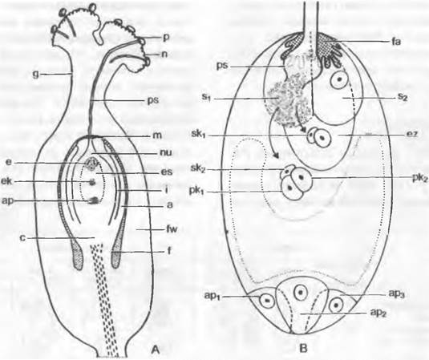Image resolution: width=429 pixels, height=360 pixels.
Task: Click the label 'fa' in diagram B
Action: click(395, 42)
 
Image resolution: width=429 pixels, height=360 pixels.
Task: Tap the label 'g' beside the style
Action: click(35, 75)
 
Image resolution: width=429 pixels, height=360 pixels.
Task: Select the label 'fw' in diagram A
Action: click(170, 229)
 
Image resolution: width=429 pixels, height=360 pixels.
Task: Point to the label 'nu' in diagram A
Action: click(165, 153)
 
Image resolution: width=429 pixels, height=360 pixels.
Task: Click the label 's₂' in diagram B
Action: click(402, 98)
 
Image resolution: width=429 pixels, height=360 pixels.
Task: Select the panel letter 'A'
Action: click(155, 349)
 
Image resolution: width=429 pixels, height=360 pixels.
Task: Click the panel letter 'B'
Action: click(303, 348)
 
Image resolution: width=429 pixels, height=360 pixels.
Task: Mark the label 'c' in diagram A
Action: click(23, 237)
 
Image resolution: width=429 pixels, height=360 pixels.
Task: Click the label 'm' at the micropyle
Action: click(158, 136)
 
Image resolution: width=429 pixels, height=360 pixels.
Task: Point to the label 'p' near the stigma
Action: click(166, 38)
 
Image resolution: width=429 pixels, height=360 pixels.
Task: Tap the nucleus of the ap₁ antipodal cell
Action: click(266, 300)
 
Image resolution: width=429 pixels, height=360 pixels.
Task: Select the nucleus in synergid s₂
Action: click(339, 80)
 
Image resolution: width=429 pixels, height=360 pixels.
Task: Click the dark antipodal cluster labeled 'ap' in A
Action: click(93, 200)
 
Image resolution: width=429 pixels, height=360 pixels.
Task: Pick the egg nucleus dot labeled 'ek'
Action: click(93, 181)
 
